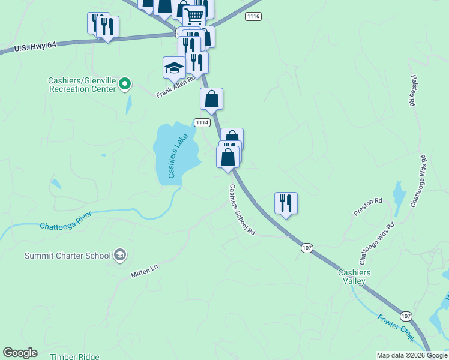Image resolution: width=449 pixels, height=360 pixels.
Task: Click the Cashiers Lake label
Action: point(178,156)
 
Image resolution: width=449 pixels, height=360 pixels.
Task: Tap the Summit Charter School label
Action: point(68,256)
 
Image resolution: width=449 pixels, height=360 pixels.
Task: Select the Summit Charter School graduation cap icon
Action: point(119,256)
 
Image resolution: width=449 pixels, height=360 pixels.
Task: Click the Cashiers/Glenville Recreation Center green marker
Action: point(125,84)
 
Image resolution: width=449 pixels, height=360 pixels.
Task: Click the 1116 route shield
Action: point(253,16)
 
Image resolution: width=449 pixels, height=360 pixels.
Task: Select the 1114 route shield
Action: point(202,122)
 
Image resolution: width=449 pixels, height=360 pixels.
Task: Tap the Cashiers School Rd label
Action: point(242,210)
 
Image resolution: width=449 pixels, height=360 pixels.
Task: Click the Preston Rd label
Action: point(367,206)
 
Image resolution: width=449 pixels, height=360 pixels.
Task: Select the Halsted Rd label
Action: point(412,91)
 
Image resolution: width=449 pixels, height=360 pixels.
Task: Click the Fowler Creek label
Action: point(396,328)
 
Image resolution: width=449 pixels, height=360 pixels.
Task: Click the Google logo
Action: point(20,353)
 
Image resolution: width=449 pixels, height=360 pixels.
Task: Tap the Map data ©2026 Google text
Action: point(412,355)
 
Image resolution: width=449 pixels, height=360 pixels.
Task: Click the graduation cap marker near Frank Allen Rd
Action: point(174,68)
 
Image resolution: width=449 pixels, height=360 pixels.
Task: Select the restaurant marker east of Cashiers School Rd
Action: point(286,203)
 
